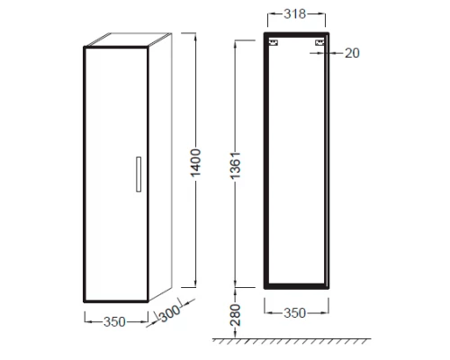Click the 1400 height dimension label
point(195,163)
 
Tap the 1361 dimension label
point(236,166)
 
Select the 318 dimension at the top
point(295,13)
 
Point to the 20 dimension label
point(352,53)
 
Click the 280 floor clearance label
point(236,315)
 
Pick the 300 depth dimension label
point(170,313)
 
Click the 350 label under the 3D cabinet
point(114,322)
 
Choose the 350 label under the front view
point(295,313)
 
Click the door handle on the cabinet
point(139,174)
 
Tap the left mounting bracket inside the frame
point(274,42)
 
